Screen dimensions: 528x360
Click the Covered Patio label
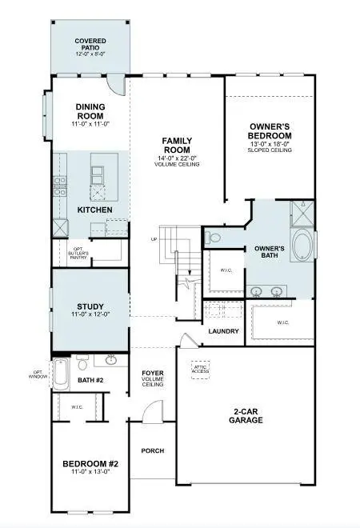pyautogui.click(x=90, y=45)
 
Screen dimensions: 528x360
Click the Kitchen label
pyautogui.click(x=94, y=210)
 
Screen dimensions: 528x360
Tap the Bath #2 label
pyautogui.click(x=90, y=381)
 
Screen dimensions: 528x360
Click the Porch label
pyautogui.click(x=152, y=450)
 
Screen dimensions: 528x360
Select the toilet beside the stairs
pyautogui.click(x=212, y=237)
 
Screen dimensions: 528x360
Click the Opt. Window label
pyautogui.click(x=40, y=374)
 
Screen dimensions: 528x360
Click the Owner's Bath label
pyautogui.click(x=270, y=252)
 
